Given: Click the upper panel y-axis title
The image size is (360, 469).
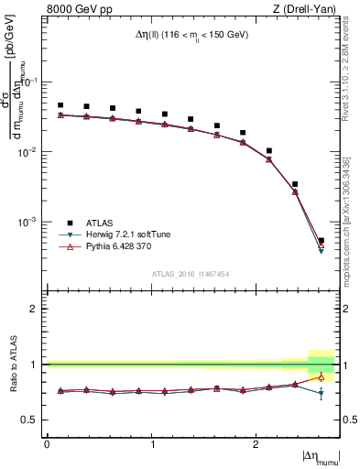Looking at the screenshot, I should click(x=20, y=101).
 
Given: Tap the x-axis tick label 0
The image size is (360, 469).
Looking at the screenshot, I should click(x=47, y=443).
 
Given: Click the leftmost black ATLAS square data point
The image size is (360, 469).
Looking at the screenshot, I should click(x=60, y=105).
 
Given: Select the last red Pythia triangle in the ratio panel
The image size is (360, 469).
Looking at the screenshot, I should click(x=321, y=376).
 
